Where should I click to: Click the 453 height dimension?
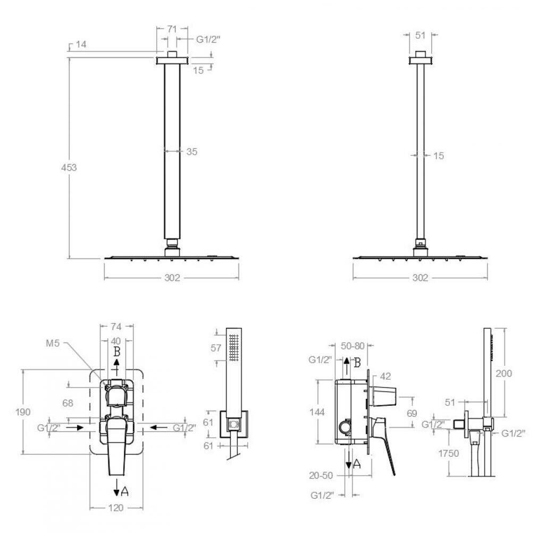pos(69,167)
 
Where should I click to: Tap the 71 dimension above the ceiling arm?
pos(172,29)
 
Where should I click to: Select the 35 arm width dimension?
pos(192,152)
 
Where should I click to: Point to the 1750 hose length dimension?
pos(448,453)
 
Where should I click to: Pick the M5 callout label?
pos(53,343)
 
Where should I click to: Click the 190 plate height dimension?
pos(23,412)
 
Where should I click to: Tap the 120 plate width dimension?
pos(116,508)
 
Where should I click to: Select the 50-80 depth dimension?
pos(353,346)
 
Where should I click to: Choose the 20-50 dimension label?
pos(321,475)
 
